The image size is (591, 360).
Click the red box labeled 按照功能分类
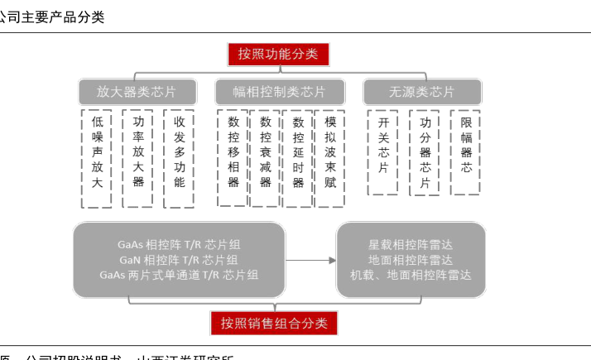pyautogui.click(x=278, y=55)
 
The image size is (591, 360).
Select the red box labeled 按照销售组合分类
pyautogui.click(x=274, y=323)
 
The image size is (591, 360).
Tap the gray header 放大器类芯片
pyautogui.click(x=137, y=92)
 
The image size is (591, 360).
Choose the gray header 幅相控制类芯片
pyautogui.click(x=278, y=92)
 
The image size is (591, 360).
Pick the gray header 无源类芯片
pyautogui.click(x=421, y=92)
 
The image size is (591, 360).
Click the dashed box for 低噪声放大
pyautogui.click(x=97, y=158)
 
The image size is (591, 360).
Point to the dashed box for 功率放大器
pyautogui.click(x=137, y=158)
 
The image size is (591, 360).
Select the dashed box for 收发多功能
pyautogui.click(x=179, y=158)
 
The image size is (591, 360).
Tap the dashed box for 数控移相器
pyautogui.click(x=233, y=158)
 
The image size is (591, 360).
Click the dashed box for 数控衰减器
pyautogui.click(x=266, y=158)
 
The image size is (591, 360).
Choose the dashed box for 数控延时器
pyautogui.click(x=298, y=158)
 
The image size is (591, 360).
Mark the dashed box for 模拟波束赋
pyautogui.click(x=330, y=158)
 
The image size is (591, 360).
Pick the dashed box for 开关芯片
pyautogui.click(x=383, y=152)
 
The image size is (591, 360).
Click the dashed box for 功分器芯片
pyautogui.click(x=425, y=152)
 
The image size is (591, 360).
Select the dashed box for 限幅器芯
pyautogui.click(x=466, y=152)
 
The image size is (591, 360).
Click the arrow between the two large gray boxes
pyautogui.click(x=310, y=260)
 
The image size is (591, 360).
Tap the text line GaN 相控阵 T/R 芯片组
pyautogui.click(x=179, y=260)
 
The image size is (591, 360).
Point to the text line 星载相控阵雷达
pyautogui.click(x=411, y=245)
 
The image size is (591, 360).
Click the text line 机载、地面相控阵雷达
pyautogui.click(x=411, y=275)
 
